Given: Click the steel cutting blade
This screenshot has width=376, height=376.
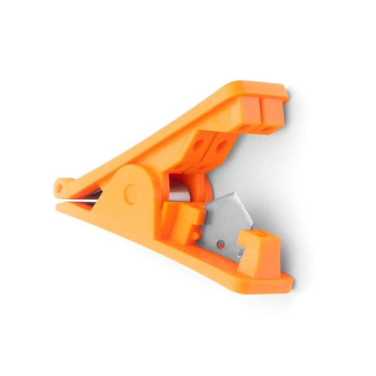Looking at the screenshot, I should click(x=229, y=216).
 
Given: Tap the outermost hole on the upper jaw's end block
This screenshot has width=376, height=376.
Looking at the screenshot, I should click(x=270, y=130).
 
